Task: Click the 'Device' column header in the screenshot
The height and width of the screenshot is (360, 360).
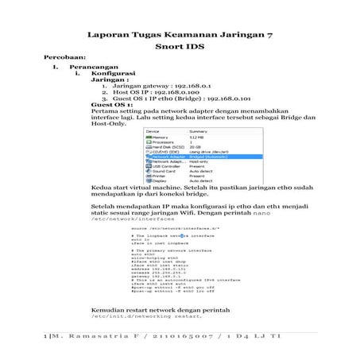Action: [x=153, y=131]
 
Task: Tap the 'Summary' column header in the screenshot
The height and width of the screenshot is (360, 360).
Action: [x=199, y=131]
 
